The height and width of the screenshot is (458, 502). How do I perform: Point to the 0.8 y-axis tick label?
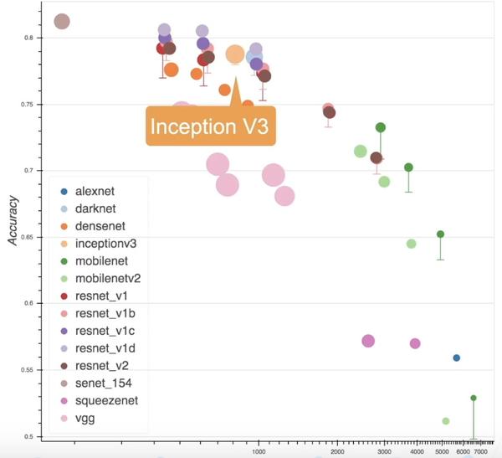pyautogui.click(x=29, y=38)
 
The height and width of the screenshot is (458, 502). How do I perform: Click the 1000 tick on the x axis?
pyautogui.click(x=259, y=451)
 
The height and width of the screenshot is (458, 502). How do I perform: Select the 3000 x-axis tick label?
pyautogui.click(x=384, y=451)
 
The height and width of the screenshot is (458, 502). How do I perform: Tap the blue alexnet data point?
pyautogui.click(x=457, y=358)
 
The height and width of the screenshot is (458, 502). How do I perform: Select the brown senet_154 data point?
pyautogui.click(x=62, y=22)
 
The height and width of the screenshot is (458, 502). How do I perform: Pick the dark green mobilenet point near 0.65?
pyautogui.click(x=440, y=234)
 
